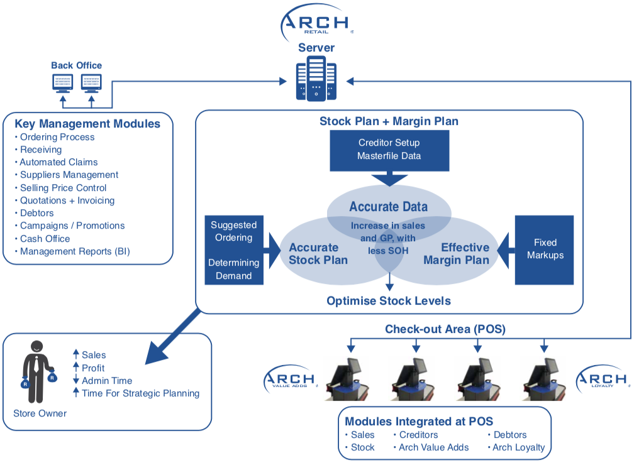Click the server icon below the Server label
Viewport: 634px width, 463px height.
pos(316,79)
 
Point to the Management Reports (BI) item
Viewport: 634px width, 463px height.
pos(75,251)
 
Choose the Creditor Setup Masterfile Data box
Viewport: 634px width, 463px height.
pos(389,150)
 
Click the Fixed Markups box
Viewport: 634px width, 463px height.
pos(545,248)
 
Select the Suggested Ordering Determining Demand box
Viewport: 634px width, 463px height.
pos(234,249)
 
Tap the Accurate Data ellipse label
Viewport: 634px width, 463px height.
pos(388,207)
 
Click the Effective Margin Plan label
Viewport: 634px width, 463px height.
pos(456,254)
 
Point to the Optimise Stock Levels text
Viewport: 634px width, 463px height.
pos(388,301)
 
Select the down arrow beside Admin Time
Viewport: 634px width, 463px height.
pos(76,381)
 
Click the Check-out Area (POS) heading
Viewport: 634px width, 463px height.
pos(445,329)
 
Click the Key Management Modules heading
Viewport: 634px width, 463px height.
pos(87,124)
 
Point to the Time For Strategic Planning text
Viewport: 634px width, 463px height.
pos(140,393)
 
